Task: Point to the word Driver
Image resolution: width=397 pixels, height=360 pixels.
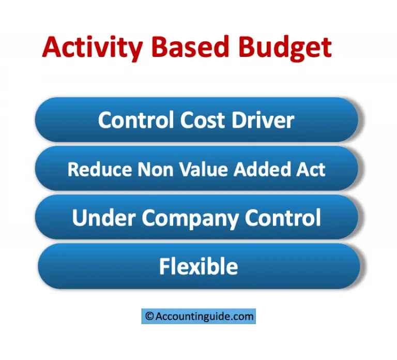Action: click(x=263, y=120)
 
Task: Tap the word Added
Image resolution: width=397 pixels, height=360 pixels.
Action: click(x=252, y=169)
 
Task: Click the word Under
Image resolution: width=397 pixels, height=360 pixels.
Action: click(x=104, y=218)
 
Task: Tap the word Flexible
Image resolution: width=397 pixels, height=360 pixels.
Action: click(x=198, y=266)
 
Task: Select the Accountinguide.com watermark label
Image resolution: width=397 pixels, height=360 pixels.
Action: click(x=198, y=316)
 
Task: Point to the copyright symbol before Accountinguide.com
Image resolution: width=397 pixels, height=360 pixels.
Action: click(x=149, y=316)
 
